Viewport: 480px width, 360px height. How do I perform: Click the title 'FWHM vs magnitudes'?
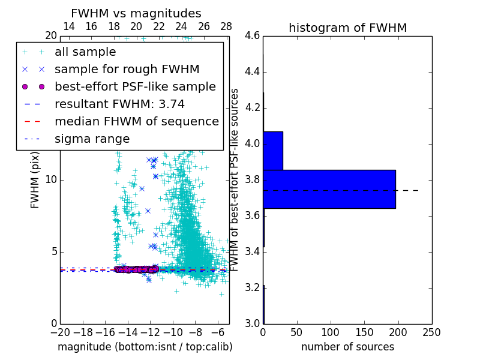[x=136, y=13]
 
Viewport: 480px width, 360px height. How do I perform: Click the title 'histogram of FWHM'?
[x=347, y=28]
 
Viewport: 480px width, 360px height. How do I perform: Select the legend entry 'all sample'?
[x=85, y=52]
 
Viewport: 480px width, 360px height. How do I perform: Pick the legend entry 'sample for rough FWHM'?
[x=127, y=69]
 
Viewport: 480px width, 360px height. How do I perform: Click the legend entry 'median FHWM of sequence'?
[x=136, y=121]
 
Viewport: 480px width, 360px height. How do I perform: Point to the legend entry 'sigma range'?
[x=92, y=139]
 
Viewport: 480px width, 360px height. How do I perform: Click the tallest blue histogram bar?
[x=329, y=189]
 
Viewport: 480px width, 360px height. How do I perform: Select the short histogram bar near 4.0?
[x=272, y=151]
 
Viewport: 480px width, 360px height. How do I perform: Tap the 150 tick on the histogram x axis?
[x=364, y=332]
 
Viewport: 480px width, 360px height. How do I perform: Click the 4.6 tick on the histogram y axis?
[x=252, y=36]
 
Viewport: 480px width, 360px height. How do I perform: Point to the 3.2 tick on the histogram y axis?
[x=252, y=287]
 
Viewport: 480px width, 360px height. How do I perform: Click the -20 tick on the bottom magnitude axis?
[x=60, y=332]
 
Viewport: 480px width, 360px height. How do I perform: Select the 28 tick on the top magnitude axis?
[x=226, y=26]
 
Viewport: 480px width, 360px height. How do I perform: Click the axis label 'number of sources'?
[x=347, y=347]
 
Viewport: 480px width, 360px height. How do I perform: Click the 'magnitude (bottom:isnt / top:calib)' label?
[x=145, y=347]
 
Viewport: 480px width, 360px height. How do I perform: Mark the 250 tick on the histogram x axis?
[x=431, y=332]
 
